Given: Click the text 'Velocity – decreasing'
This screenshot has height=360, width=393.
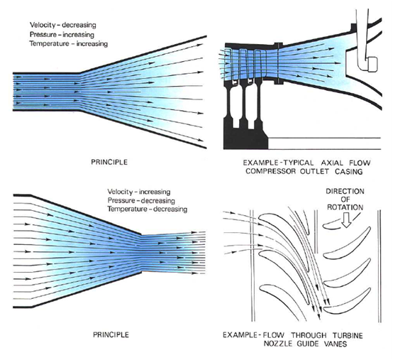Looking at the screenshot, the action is click(63, 25).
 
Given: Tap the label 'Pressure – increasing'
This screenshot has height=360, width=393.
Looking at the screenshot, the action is click(62, 35).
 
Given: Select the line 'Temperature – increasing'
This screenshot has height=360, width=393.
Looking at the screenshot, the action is click(69, 43).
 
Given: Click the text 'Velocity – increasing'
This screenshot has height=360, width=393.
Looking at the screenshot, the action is click(139, 192).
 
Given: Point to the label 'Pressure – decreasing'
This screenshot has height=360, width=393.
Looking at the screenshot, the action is click(141, 201).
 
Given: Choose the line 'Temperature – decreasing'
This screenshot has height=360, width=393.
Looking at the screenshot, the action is click(148, 209).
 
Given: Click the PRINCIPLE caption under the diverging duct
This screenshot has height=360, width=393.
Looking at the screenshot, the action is click(109, 162).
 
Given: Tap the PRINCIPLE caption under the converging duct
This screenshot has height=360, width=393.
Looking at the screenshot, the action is click(111, 335).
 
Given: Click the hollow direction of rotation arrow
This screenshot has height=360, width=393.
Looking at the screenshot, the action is click(346, 220).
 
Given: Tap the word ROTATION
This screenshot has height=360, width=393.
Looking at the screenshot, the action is click(345, 207).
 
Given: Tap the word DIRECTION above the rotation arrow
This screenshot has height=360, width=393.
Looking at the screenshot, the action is click(345, 192).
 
